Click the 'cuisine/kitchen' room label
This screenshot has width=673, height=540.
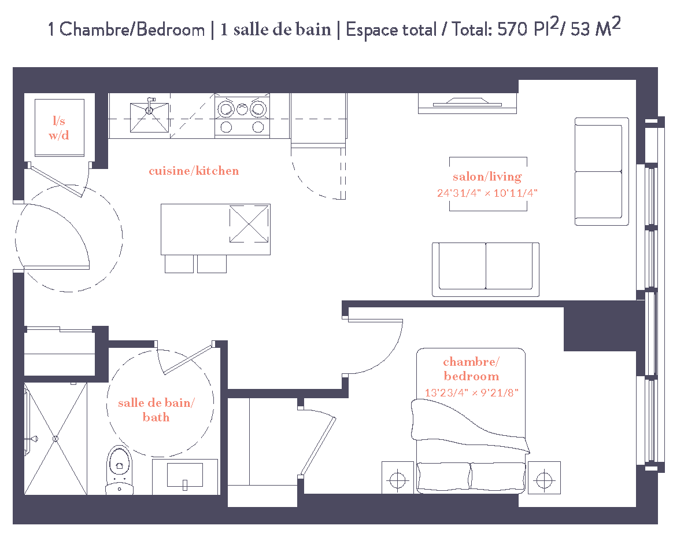194,171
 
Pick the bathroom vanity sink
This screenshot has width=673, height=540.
185,476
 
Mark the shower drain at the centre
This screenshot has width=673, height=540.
56,439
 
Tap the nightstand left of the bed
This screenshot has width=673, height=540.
397,478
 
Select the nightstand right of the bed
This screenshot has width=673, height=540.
543,478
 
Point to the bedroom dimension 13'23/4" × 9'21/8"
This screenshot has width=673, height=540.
472,392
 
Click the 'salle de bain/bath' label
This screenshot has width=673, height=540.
157,410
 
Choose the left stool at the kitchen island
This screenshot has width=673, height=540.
179,264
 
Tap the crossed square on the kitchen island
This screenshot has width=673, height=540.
249,224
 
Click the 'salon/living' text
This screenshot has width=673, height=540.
487,177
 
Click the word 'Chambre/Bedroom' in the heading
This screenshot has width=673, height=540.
132,30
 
